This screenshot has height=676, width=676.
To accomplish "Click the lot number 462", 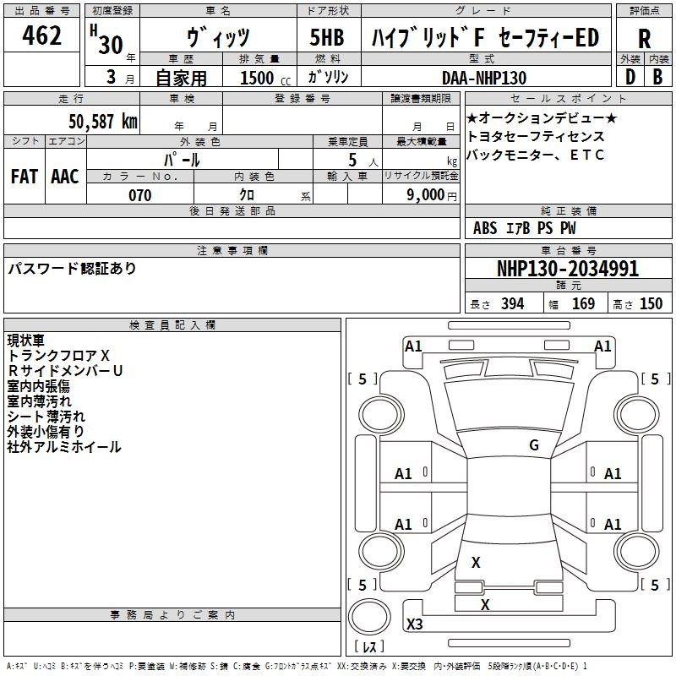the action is (42, 37).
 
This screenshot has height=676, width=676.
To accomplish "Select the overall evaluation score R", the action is (644, 39).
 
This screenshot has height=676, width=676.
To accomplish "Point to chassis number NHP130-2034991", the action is (568, 270).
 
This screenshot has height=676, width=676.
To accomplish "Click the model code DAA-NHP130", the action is (484, 78).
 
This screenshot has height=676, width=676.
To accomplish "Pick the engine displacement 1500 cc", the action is (264, 78).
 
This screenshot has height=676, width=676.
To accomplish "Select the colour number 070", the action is (139, 195).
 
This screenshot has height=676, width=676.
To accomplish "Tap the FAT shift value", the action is (24, 177).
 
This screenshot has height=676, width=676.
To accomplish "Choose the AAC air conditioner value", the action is (64, 177).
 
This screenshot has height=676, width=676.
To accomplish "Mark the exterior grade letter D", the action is (630, 76).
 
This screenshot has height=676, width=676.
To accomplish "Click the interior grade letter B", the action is (657, 76).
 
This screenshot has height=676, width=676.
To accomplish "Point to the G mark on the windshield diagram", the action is (534, 445).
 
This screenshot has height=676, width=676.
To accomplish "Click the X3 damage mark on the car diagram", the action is (415, 624).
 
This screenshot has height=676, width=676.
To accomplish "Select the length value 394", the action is (513, 304).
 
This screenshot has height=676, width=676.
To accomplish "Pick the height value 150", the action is (651, 304).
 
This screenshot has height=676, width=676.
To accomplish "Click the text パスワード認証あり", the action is (72, 269).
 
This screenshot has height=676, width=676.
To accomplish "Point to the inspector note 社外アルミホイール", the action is (64, 447).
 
